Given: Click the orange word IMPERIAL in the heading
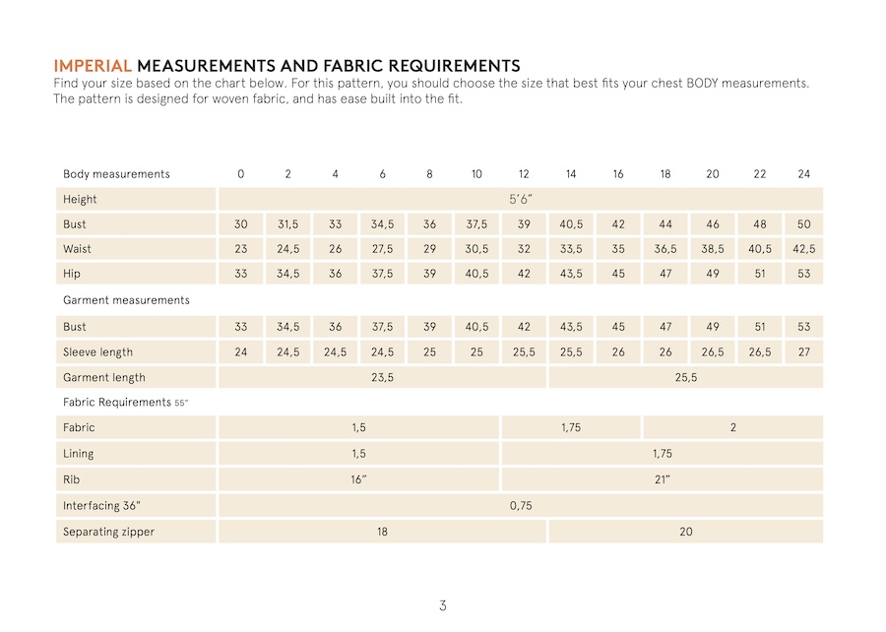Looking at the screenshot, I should coord(92,66).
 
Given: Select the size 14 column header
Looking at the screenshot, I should coord(571,174).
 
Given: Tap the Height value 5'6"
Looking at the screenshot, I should coord(522,199).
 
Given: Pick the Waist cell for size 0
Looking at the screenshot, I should coord(241,249).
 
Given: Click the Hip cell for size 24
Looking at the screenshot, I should coord(804,274).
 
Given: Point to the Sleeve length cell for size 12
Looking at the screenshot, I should coord(524,351).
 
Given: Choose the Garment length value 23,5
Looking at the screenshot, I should coord(382,377).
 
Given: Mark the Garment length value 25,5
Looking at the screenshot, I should coord(686,377).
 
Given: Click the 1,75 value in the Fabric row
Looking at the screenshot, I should coord(571,427).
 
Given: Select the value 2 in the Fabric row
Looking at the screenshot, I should coord(732,427).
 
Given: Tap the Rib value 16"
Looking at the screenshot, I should coord(358,479).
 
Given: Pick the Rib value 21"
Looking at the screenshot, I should coord(663,479).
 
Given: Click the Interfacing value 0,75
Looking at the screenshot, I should coord(521,505).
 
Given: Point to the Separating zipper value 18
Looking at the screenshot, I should coord(382,532).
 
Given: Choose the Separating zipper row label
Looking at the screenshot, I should coord(108,532).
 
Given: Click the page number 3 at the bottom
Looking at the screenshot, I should coord(443,605).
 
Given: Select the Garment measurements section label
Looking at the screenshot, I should coord(126,299).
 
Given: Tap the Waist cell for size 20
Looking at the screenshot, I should coord(713,249).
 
